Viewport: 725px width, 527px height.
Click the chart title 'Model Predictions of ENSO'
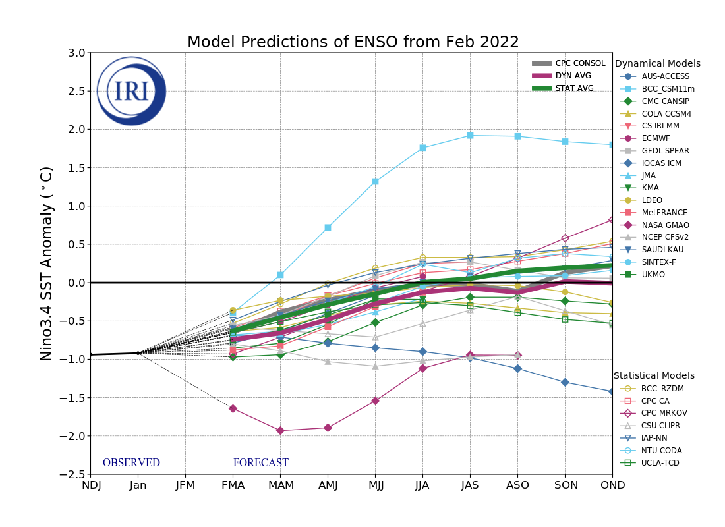point(353,43)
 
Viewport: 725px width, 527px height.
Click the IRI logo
point(131,91)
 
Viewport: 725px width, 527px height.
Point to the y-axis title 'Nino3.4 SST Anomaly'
point(47,263)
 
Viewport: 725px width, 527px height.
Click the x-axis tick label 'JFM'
point(185,485)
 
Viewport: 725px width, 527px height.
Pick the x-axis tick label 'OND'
point(612,485)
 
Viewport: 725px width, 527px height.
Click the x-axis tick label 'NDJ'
point(91,485)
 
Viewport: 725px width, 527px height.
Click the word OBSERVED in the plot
point(131,463)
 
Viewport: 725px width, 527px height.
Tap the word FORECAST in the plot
point(260,463)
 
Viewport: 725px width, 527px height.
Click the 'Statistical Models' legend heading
point(654,375)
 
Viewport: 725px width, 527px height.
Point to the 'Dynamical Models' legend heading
point(657,64)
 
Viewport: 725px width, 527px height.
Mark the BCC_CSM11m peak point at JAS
point(470,136)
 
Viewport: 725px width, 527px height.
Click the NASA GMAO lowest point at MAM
point(280,431)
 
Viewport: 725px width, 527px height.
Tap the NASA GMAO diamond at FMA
point(233,409)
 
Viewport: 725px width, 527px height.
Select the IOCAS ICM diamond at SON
point(565,382)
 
